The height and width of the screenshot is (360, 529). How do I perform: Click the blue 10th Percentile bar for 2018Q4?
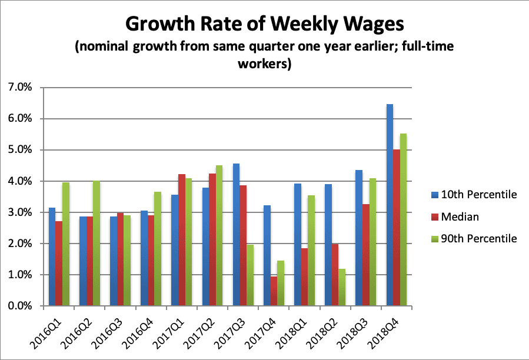click(x=390, y=206)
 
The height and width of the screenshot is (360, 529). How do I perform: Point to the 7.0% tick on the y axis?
click(x=23, y=88)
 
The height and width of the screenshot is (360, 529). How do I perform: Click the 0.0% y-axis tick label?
click(x=23, y=306)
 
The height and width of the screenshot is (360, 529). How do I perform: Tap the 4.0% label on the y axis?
click(x=23, y=181)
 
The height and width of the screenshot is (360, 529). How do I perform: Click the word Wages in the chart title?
click(x=366, y=25)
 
